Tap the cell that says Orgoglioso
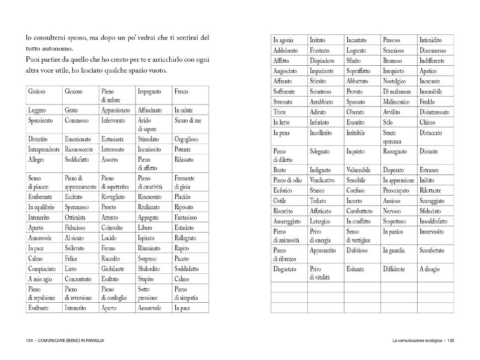(x=187, y=139)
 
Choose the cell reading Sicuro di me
(x=188, y=120)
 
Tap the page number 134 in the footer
(x=29, y=341)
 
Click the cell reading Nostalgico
(x=394, y=81)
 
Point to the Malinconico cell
(x=397, y=102)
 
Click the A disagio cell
(x=429, y=269)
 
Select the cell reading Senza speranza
(x=393, y=136)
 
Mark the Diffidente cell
(x=394, y=269)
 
